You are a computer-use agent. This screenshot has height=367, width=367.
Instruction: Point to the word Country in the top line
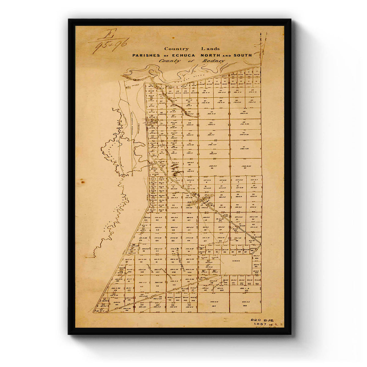point(176,49)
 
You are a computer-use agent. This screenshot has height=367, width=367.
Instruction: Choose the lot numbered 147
point(213,305)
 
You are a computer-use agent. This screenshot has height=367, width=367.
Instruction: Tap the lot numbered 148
point(245,305)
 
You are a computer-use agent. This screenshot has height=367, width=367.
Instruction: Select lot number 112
point(142,286)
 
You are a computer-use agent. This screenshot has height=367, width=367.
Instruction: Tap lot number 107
point(158,272)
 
